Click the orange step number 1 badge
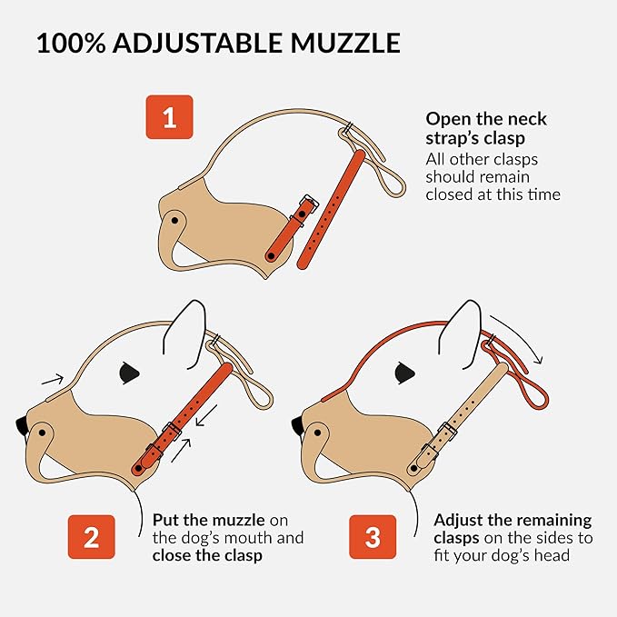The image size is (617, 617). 169,117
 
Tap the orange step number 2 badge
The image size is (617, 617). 91,537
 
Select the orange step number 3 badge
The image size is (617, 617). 373,537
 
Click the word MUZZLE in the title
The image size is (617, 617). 345,43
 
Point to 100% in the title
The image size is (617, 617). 71,43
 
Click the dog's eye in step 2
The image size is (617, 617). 129,373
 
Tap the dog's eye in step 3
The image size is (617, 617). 404,373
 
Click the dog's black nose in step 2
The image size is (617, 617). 22,426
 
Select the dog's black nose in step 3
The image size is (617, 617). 297,426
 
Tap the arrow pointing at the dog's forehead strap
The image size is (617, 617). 53,380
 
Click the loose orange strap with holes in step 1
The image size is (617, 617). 333,209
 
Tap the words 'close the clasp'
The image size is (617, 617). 207,555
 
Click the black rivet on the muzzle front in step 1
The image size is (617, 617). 174,220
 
